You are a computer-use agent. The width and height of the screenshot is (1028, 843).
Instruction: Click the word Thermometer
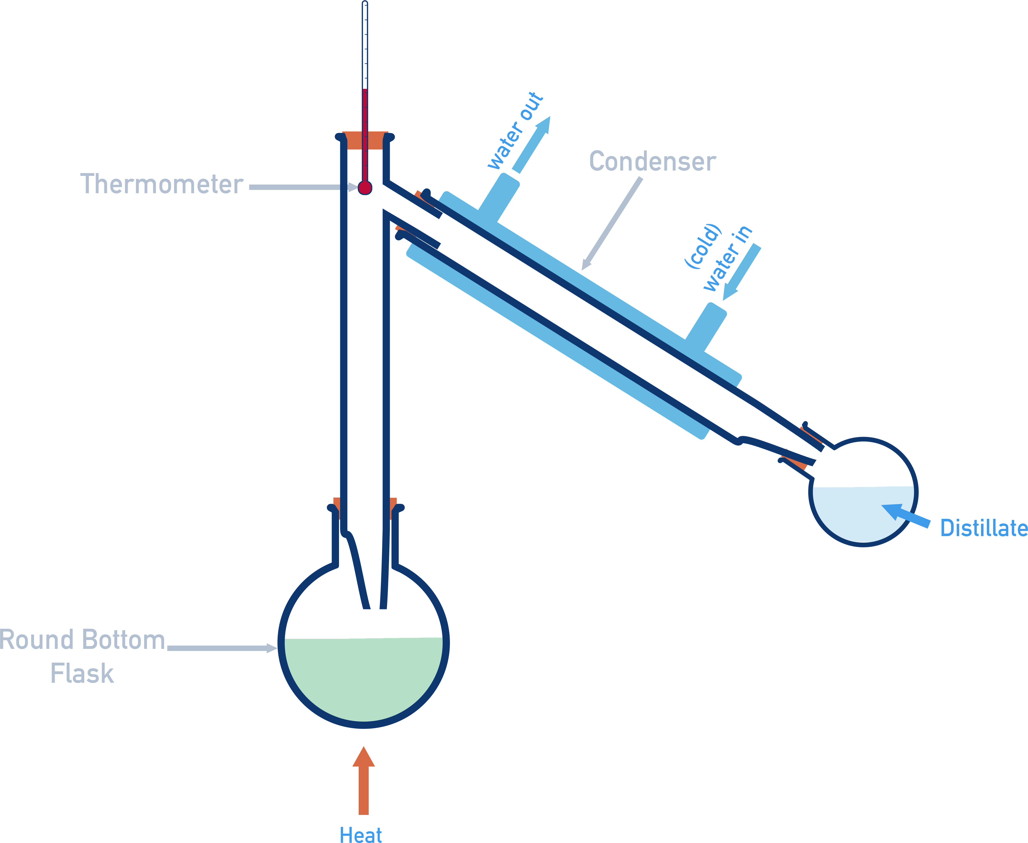(x=161, y=185)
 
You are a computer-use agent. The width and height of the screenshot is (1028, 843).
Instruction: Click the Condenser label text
(x=652, y=162)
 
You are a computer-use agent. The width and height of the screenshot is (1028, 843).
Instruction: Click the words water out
(x=515, y=131)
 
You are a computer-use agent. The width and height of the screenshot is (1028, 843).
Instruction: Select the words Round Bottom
(x=83, y=640)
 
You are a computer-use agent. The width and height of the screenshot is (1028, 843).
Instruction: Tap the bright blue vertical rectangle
(x=737, y=165)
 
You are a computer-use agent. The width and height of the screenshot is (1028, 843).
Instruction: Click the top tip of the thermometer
(x=365, y=4)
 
